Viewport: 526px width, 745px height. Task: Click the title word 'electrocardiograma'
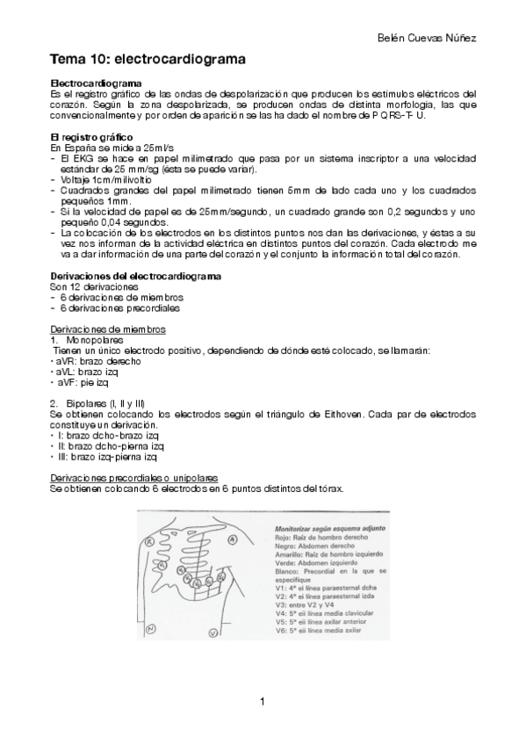pos(178,59)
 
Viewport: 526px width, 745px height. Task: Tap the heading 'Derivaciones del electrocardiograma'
pos(135,276)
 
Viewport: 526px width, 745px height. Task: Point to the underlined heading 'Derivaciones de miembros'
pos(107,328)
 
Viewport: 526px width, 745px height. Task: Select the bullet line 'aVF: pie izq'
pos(80,382)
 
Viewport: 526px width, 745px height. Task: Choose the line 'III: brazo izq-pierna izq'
pos(107,457)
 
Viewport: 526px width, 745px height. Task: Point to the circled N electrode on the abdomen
pos(151,630)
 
